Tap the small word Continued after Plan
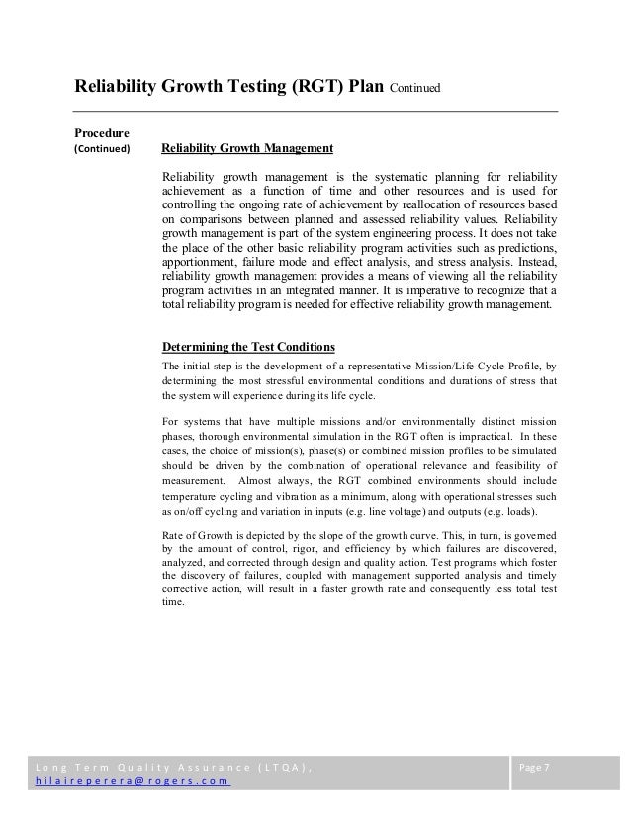point(414,90)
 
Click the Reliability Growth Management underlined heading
point(246,149)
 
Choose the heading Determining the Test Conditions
point(247,347)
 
